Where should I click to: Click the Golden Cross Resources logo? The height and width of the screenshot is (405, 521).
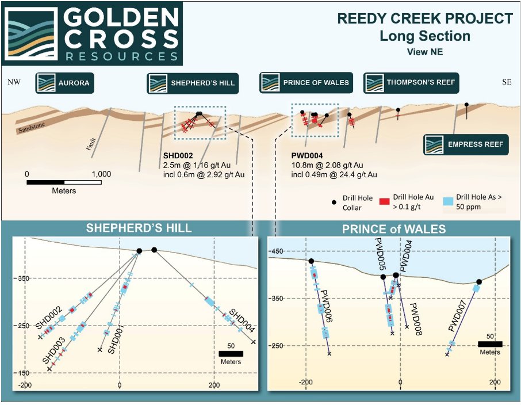click(x=93, y=34)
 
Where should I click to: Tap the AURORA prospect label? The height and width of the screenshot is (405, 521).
click(x=64, y=83)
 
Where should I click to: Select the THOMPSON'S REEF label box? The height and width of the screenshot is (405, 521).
click(x=411, y=82)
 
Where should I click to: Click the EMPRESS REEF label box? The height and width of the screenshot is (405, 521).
click(x=466, y=144)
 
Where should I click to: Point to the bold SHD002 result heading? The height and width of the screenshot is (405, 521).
click(x=178, y=155)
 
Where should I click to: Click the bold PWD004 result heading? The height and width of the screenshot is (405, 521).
click(x=307, y=155)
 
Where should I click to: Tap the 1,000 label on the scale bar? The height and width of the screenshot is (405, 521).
click(x=101, y=173)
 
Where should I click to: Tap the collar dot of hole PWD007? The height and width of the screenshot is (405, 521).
click(x=479, y=282)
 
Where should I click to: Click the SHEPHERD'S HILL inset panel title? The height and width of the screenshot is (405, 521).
click(x=139, y=228)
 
